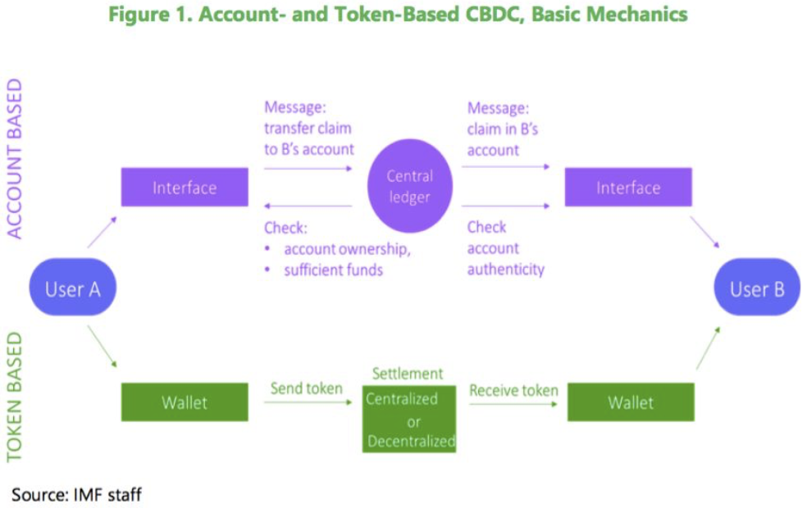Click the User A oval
pyautogui.click(x=72, y=287)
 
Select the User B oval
pyautogui.click(x=757, y=287)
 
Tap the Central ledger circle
pyautogui.click(x=410, y=185)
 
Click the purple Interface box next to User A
pyautogui.click(x=185, y=187)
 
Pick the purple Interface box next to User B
pyautogui.click(x=628, y=187)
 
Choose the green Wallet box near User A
pyautogui.click(x=185, y=402)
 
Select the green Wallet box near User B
pyautogui.click(x=631, y=402)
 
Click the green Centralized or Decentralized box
pyautogui.click(x=409, y=419)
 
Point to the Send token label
pyautogui.click(x=306, y=388)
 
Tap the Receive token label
pyautogui.click(x=513, y=390)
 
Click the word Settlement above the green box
pyautogui.click(x=407, y=373)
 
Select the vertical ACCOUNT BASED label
pyautogui.click(x=15, y=158)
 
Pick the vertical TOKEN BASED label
pyautogui.click(x=15, y=397)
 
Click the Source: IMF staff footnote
pyautogui.click(x=76, y=494)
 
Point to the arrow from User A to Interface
pyautogui.click(x=102, y=233)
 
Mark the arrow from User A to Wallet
pyautogui.click(x=102, y=346)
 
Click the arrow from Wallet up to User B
pyautogui.click(x=709, y=348)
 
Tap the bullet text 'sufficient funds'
pyautogui.click(x=333, y=270)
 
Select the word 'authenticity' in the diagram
pyautogui.click(x=505, y=270)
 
